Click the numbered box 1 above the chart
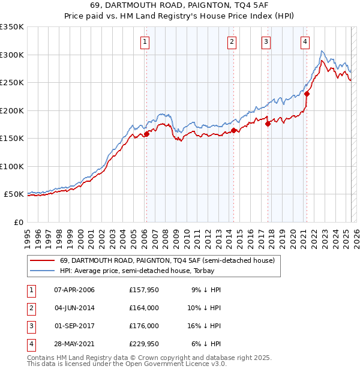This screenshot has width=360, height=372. pyautogui.click(x=146, y=41)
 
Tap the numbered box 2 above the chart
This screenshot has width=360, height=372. pyautogui.click(x=232, y=41)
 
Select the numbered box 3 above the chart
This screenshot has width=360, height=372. pyautogui.click(x=266, y=41)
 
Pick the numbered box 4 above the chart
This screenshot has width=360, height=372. pyautogui.click(x=305, y=41)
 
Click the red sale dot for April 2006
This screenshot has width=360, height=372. pyautogui.click(x=146, y=134)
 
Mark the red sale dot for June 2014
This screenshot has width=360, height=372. pyautogui.click(x=233, y=130)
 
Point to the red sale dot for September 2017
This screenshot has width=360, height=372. pyautogui.click(x=268, y=124)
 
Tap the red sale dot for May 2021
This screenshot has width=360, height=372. pyautogui.click(x=307, y=94)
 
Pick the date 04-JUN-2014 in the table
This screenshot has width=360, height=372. pyautogui.click(x=74, y=308)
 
